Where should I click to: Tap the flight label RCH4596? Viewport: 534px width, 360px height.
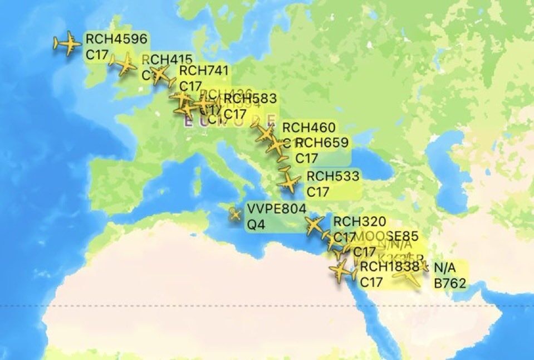pyautogui.click(x=109, y=39)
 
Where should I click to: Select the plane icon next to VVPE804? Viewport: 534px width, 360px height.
pyautogui.click(x=235, y=213)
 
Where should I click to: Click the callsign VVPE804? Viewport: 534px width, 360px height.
pyautogui.click(x=277, y=210)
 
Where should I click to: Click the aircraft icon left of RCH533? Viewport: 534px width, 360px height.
pyautogui.click(x=289, y=183)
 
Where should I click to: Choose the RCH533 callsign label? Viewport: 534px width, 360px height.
pyautogui.click(x=333, y=176)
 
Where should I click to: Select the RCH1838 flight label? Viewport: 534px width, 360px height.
pyautogui.click(x=389, y=267)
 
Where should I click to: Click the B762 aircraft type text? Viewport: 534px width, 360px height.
pyautogui.click(x=450, y=284)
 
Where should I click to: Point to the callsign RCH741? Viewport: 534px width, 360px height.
pyautogui.click(x=204, y=71)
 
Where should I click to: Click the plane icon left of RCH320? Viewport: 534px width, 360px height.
pyautogui.click(x=313, y=226)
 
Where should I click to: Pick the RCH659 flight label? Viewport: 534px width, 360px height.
pyautogui.click(x=322, y=143)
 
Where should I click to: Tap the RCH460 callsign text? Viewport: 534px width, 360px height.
pyautogui.click(x=308, y=128)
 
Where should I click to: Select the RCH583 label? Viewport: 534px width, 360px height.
pyautogui.click(x=249, y=99)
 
